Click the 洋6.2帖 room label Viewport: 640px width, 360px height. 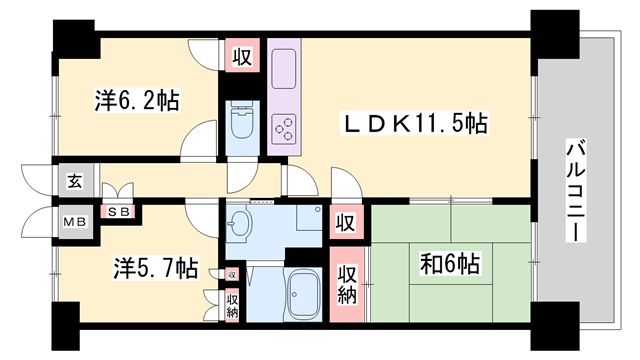point(137,101)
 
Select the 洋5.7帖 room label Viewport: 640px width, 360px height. point(156,268)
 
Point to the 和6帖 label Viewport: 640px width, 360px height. point(450,264)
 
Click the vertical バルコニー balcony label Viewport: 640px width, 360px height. point(576,190)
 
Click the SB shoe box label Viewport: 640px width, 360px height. point(121,212)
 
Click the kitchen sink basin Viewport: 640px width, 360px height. point(284,69)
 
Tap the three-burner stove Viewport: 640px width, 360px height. point(284,128)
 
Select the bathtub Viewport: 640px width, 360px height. point(305,296)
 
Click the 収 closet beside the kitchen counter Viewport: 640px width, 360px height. point(242,55)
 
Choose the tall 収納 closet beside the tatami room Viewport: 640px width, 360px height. point(347,284)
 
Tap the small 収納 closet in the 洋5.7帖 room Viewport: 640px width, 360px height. point(233,306)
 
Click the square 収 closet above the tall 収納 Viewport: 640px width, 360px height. point(346,222)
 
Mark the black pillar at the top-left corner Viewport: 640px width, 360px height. point(76,40)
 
